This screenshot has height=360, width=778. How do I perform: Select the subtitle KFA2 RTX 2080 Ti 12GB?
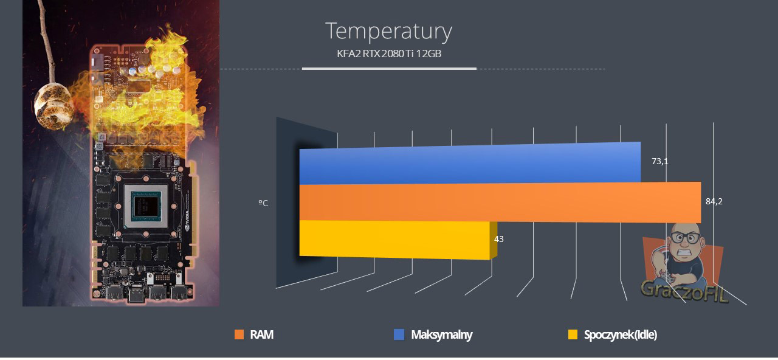[389, 54]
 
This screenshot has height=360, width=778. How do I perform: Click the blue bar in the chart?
[470, 163]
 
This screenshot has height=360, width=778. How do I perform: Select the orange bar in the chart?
[500, 203]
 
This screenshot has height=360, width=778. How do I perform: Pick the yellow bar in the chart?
[398, 240]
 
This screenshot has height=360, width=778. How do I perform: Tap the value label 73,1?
[660, 161]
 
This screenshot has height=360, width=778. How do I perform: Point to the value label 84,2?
[714, 201]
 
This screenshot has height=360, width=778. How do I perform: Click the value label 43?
[499, 239]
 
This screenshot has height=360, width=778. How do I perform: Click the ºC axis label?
[263, 203]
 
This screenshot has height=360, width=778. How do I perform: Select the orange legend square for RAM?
[239, 334]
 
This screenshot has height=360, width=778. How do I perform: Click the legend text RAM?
[262, 334]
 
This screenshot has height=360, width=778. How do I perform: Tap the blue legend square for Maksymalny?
[399, 334]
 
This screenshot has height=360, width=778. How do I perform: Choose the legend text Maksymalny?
[442, 335]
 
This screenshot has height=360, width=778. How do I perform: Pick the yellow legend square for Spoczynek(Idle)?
[573, 334]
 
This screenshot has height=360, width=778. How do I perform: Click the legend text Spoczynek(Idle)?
[621, 335]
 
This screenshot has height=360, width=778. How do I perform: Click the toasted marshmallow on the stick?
[54, 106]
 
